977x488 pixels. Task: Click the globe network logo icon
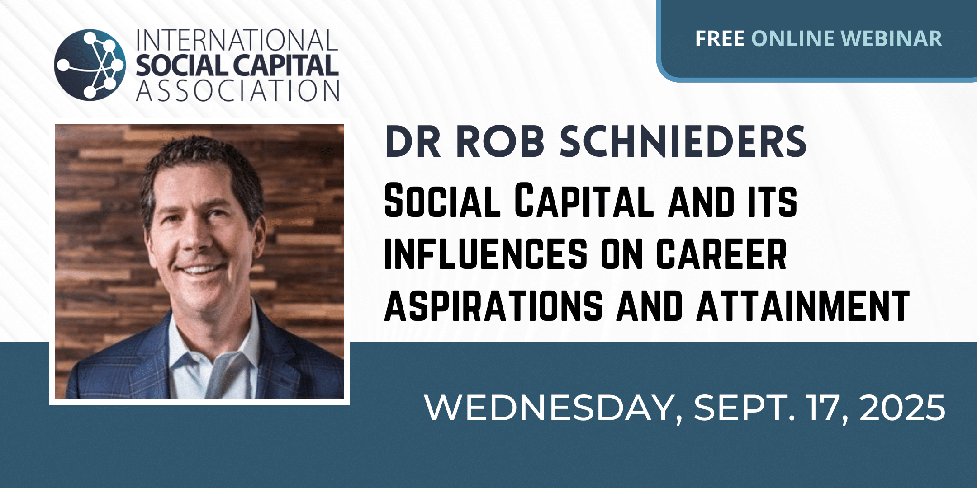click(90, 65)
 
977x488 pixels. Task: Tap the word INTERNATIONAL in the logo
click(237, 41)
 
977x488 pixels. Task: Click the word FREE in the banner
click(720, 39)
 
